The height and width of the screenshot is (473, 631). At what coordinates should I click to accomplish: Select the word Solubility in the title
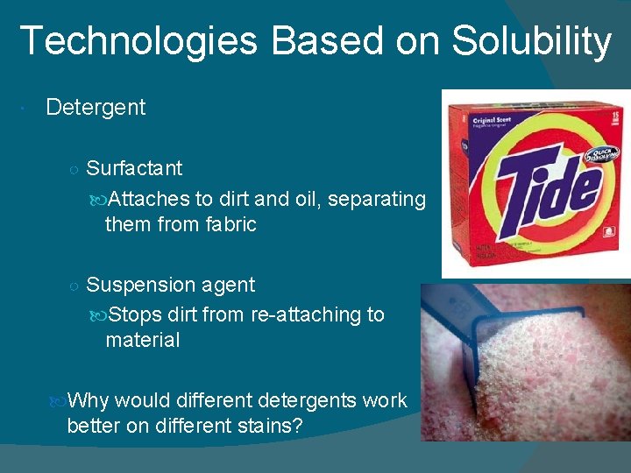532,42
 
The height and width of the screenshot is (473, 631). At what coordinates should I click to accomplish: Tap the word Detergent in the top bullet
96,108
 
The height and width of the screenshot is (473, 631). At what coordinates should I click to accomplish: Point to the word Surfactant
134,168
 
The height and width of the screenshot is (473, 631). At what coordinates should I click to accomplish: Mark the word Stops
136,314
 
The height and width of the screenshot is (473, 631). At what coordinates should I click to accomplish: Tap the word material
142,340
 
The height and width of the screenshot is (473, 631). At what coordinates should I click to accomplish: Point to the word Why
88,400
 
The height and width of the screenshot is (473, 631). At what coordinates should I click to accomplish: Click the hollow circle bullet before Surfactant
74,169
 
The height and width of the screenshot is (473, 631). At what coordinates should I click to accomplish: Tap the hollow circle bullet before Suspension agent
74,286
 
